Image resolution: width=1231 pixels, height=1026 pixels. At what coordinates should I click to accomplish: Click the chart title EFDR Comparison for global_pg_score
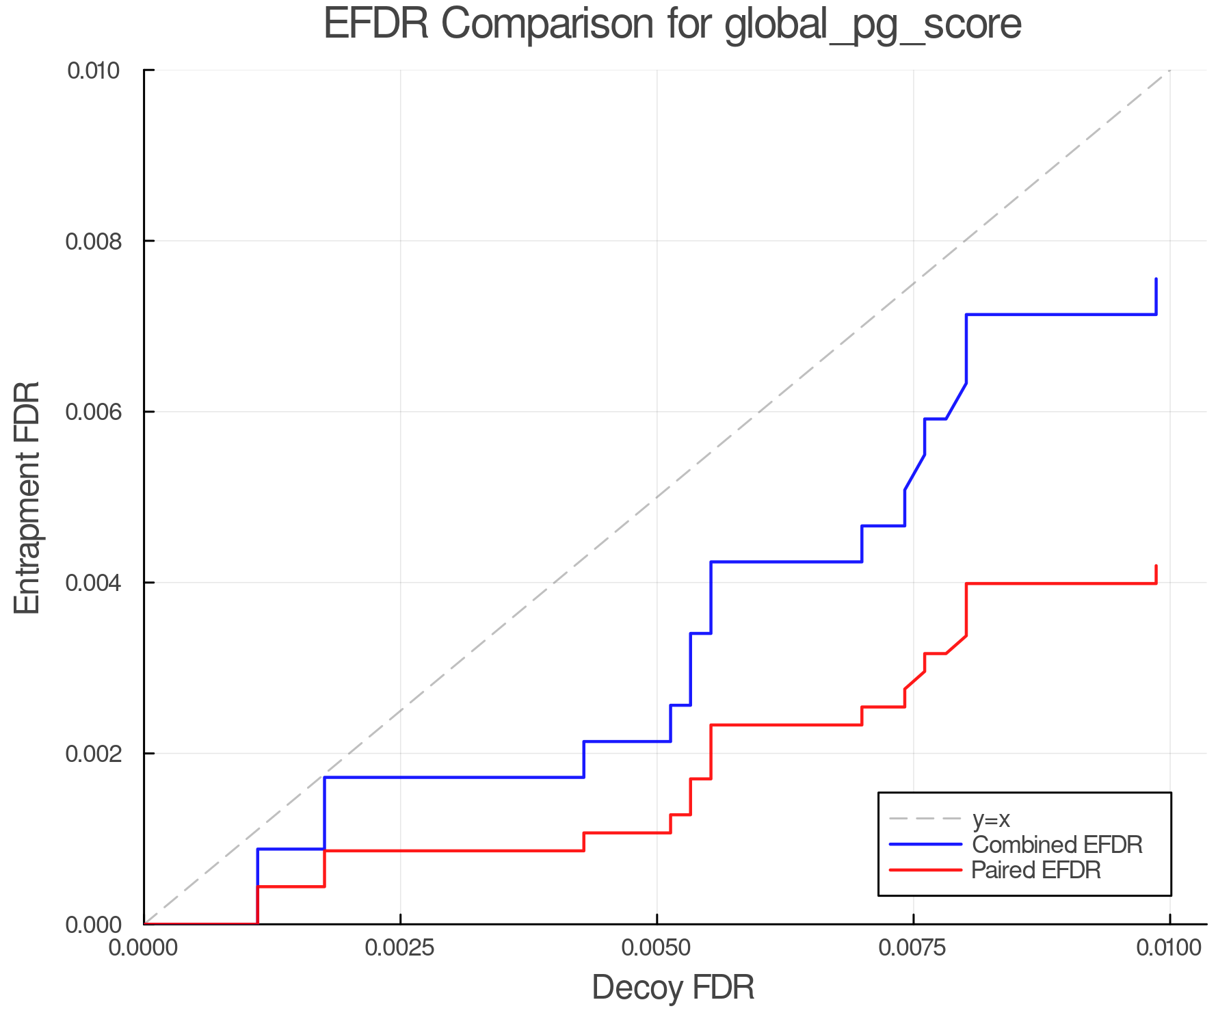[672, 25]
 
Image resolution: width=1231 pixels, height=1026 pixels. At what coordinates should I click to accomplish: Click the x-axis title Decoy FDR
[673, 988]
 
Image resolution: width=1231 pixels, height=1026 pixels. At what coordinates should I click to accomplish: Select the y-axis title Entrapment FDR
[28, 498]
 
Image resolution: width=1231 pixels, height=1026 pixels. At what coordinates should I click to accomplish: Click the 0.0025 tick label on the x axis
[400, 948]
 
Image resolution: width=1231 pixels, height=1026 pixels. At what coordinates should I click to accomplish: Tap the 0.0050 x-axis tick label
[657, 948]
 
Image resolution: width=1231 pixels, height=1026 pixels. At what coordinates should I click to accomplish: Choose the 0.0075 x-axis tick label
[913, 948]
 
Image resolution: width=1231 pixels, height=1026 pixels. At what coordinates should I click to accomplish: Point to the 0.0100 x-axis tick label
[1169, 948]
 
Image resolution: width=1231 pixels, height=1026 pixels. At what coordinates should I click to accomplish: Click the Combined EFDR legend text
[1057, 845]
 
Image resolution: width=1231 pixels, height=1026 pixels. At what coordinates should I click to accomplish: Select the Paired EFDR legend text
[1036, 870]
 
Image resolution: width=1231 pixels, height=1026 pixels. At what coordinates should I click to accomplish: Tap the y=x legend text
[991, 819]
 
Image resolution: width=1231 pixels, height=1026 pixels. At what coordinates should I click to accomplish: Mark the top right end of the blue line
[1156, 279]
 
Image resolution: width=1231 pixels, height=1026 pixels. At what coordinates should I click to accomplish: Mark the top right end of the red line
[1156, 566]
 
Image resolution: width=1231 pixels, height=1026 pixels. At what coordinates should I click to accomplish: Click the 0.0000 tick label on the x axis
[144, 948]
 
